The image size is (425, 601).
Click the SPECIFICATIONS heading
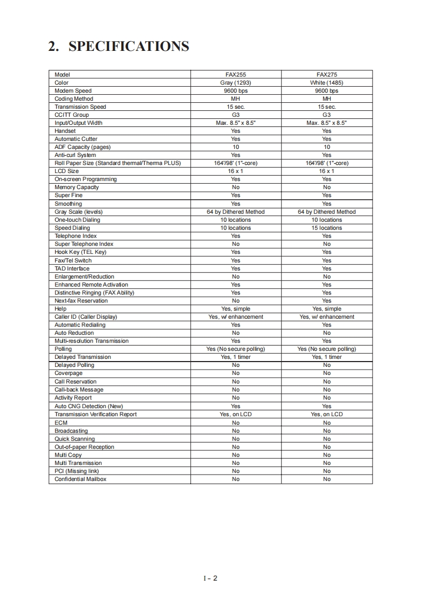point(118,47)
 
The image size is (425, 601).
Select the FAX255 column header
point(235,75)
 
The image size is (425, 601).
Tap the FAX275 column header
point(326,75)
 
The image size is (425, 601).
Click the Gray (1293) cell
point(235,83)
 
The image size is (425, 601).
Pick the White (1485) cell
point(326,83)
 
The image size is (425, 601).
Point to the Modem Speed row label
point(73,91)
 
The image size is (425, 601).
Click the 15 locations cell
point(326,228)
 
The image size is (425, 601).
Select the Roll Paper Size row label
point(117,163)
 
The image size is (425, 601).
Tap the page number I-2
point(210,578)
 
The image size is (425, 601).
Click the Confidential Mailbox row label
point(80,479)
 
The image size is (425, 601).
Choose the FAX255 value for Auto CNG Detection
point(235,406)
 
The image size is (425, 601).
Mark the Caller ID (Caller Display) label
point(86,317)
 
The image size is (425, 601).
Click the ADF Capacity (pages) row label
point(83,147)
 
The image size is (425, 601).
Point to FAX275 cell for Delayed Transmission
point(326,357)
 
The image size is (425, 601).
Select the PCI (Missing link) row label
point(77,471)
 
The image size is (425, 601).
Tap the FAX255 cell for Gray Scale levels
point(235,212)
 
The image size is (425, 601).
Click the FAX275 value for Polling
point(326,349)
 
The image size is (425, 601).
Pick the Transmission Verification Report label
point(95,414)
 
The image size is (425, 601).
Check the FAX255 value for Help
point(235,309)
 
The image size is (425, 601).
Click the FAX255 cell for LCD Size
point(235,171)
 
